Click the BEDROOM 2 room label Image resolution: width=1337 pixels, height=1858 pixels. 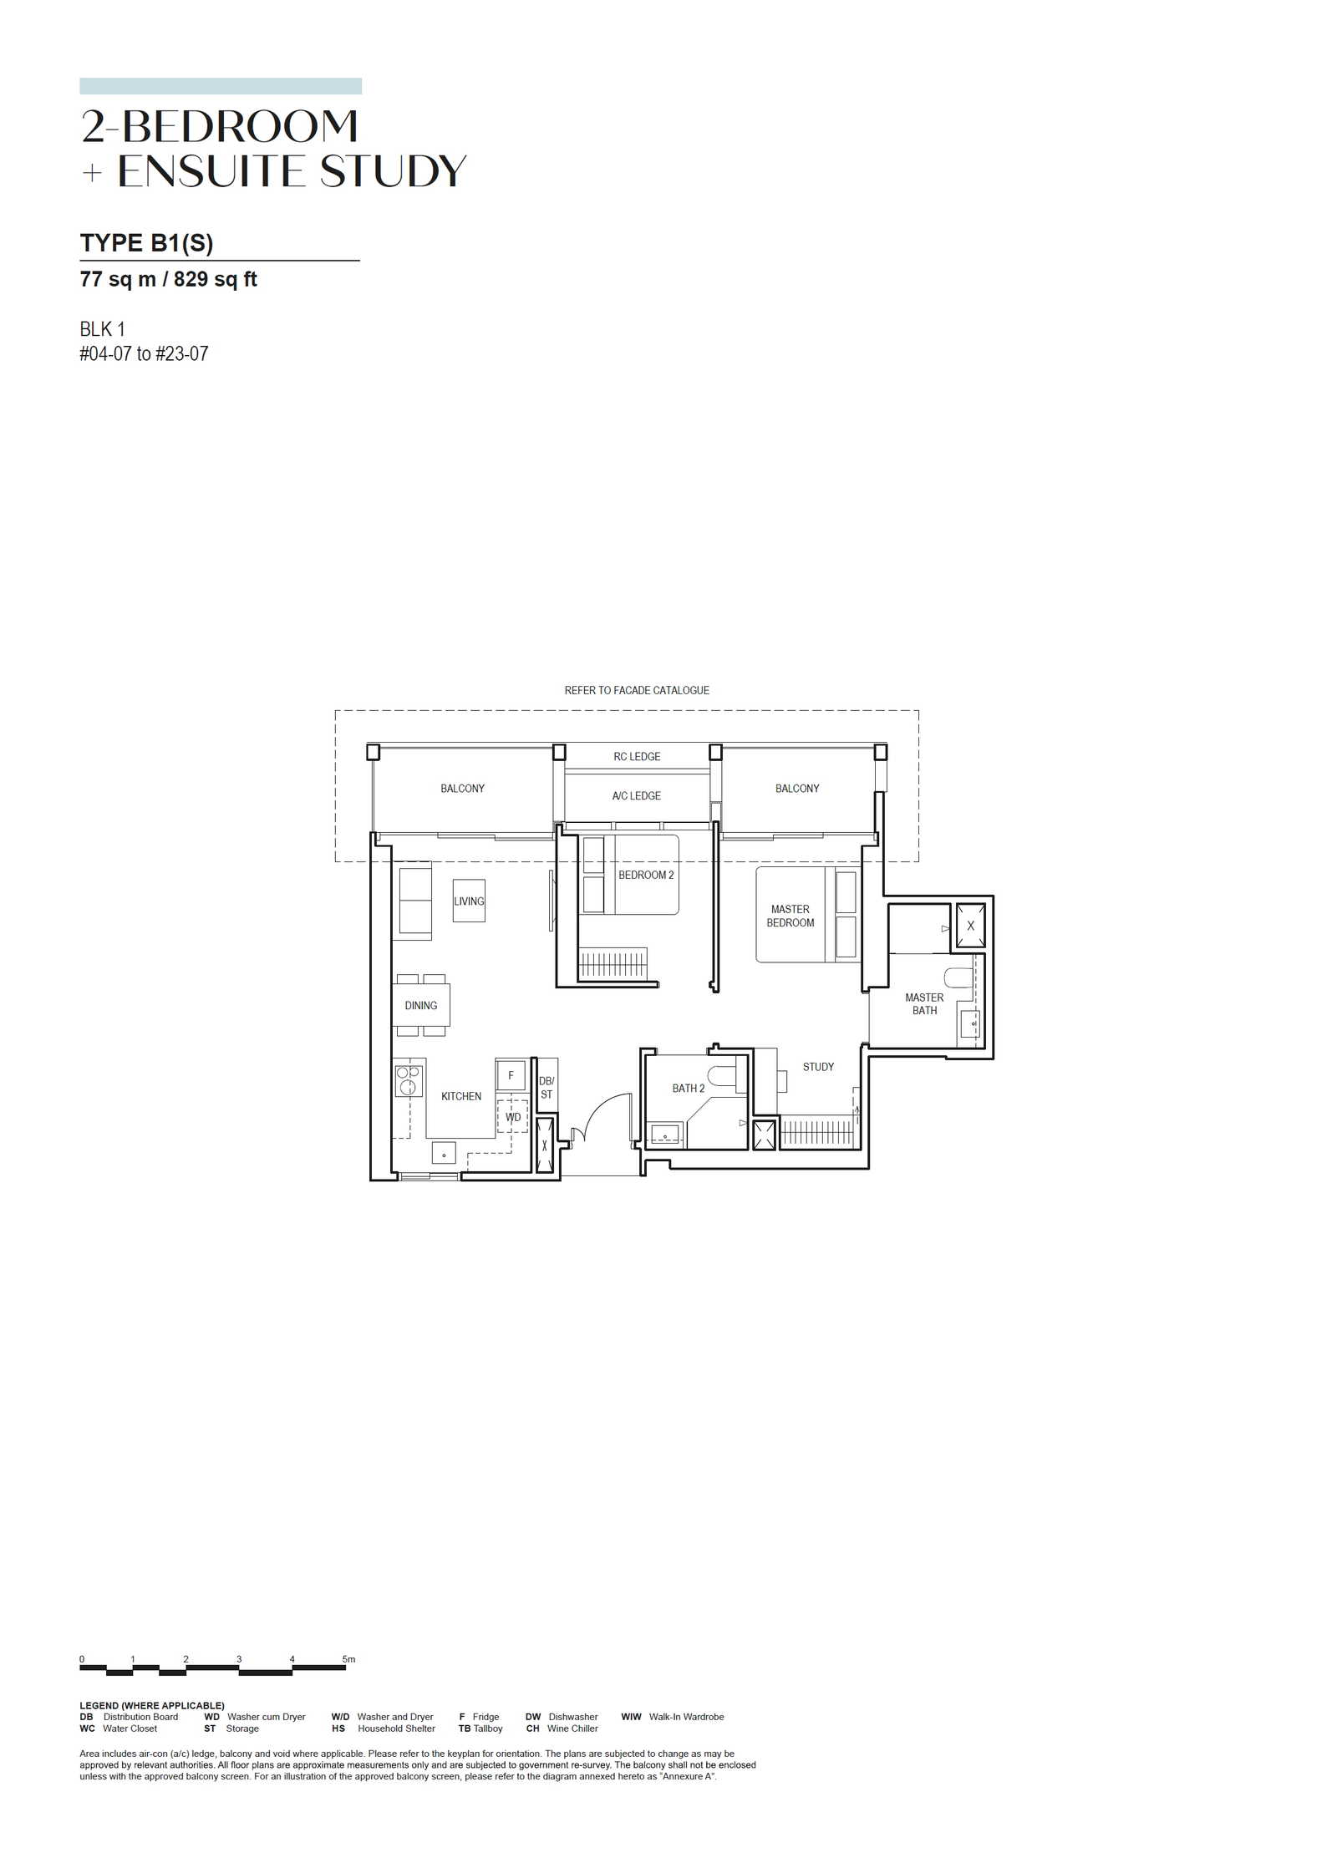[645, 875]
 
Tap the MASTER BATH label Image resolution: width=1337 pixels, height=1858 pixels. [923, 1003]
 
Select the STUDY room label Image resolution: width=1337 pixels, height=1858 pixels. [818, 1067]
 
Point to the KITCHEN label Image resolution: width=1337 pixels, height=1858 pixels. [461, 1096]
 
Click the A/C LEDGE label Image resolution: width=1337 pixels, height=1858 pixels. [636, 795]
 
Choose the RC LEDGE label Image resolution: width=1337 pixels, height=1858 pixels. [637, 756]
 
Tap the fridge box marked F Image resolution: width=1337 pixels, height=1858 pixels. [511, 1075]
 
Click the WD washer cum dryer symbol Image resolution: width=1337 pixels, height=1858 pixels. [512, 1116]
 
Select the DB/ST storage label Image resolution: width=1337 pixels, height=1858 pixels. [546, 1088]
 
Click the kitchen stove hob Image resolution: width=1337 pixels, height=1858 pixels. [409, 1080]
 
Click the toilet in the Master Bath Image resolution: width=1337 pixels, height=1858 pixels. [958, 977]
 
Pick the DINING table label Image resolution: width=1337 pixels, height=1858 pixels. [420, 1005]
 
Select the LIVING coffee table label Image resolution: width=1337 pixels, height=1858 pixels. [469, 901]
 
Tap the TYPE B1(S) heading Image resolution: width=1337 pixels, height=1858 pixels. [146, 243]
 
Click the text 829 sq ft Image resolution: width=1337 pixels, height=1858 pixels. [215, 279]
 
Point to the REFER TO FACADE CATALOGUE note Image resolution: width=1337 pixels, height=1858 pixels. [637, 690]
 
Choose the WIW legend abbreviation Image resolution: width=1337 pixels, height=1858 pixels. [631, 1717]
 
